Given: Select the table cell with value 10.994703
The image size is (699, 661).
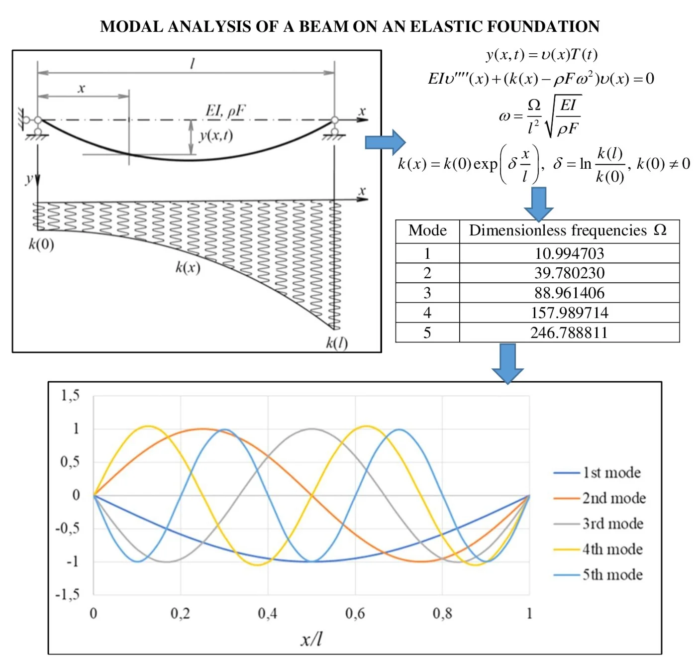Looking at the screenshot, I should (569, 253).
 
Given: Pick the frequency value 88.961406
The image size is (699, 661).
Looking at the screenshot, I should (569, 293).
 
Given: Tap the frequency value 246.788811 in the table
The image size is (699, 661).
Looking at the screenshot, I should (569, 332).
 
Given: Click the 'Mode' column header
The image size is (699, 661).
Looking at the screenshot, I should (427, 231).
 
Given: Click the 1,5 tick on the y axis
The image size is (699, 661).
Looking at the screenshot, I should (70, 396).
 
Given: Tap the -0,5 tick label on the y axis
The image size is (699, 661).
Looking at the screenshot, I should (67, 528).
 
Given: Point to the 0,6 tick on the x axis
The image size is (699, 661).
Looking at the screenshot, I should (355, 613).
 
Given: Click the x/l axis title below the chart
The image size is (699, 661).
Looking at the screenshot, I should (311, 639).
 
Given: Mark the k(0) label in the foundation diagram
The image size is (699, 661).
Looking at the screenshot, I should (41, 244).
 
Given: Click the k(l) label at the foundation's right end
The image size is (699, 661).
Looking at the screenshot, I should (337, 342).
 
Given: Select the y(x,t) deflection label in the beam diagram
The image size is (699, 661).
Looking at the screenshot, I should (216, 136).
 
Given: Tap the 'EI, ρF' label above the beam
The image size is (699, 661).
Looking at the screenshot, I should (225, 110).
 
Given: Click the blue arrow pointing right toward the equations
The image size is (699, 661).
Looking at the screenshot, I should (385, 142).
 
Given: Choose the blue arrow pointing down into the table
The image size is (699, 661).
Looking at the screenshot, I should (539, 204).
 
